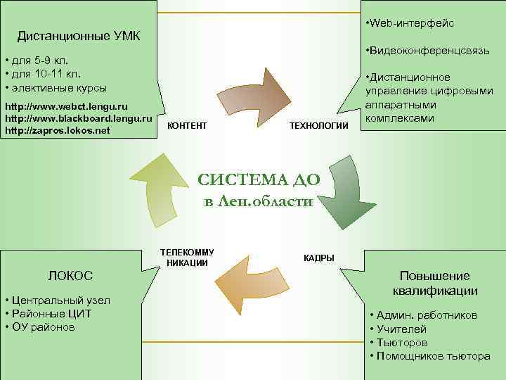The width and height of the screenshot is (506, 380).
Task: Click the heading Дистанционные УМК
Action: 79,35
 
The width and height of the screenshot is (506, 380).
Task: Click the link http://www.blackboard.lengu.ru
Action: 78,118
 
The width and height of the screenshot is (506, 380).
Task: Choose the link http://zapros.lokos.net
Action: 58,130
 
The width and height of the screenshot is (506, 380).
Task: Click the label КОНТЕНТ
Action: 188,125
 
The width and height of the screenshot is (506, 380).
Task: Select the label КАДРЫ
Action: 318,258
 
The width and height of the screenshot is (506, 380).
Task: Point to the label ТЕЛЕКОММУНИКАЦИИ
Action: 188,258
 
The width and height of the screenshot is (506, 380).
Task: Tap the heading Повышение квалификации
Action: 434,283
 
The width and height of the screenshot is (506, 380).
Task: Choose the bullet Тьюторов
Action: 401,343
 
